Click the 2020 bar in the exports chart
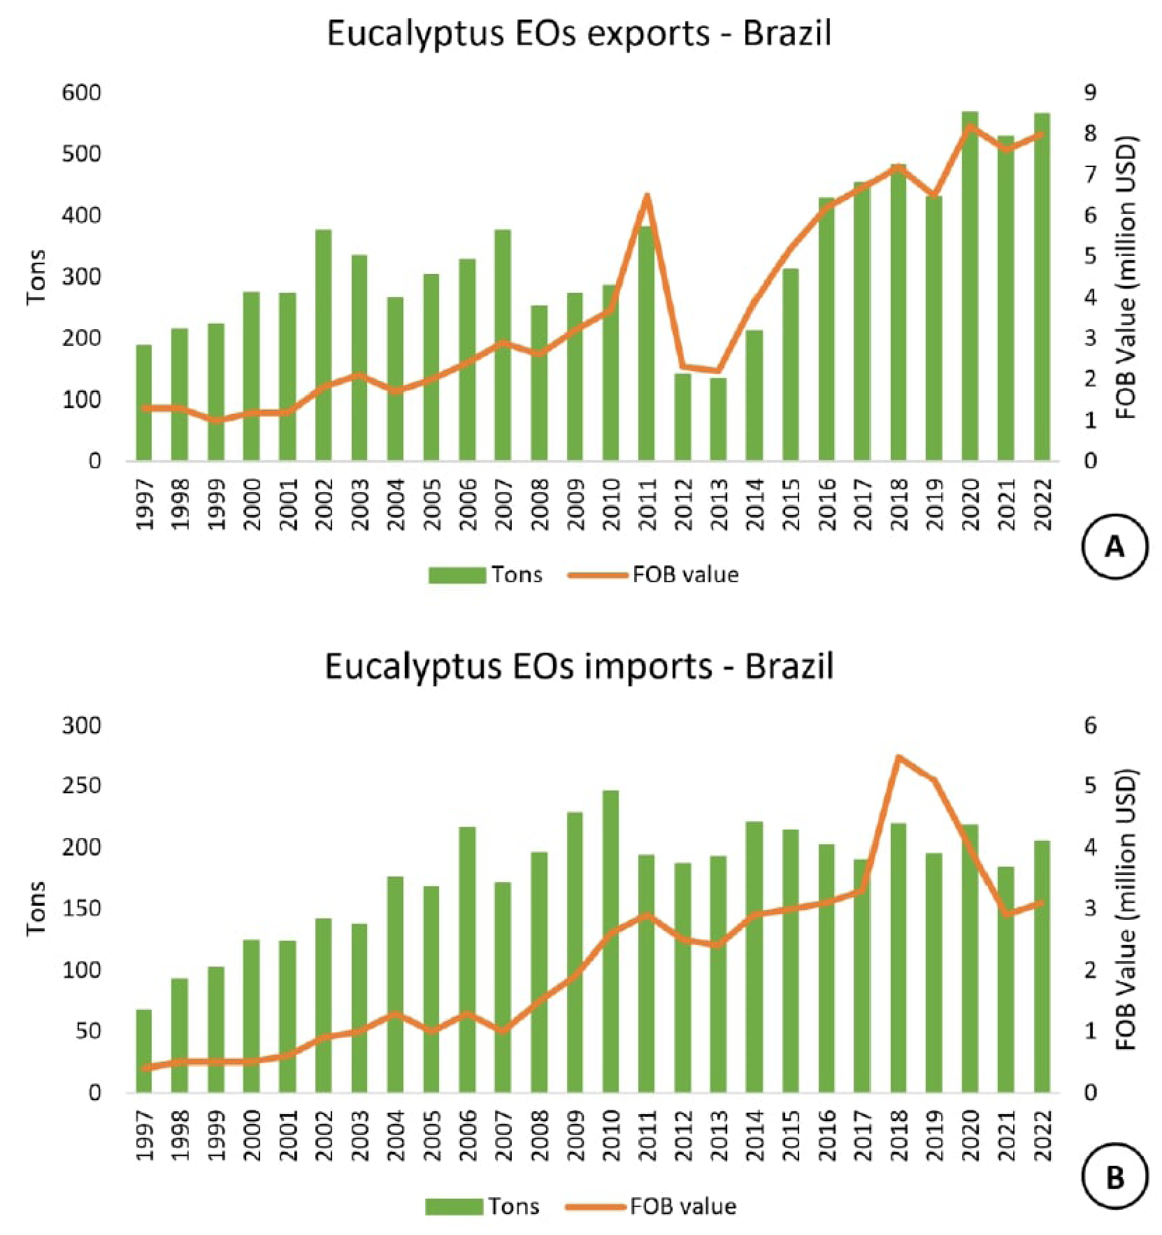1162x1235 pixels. tap(969, 287)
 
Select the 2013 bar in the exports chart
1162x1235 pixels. tap(718, 419)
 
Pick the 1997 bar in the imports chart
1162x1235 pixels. tap(144, 1051)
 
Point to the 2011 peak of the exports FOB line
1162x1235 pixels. tap(647, 195)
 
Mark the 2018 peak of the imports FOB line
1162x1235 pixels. tap(898, 757)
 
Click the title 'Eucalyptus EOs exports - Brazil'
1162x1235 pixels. tap(579, 34)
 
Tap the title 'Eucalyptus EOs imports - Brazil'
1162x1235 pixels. tap(579, 666)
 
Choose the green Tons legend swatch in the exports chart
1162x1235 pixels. tap(457, 575)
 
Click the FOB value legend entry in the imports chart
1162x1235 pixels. tap(650, 1206)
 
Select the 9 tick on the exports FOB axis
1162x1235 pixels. tap(1090, 93)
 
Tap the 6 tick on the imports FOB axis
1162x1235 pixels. tap(1090, 725)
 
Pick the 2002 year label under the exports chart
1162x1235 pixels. tap(324, 504)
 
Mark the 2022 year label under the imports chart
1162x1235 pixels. tap(1042, 1135)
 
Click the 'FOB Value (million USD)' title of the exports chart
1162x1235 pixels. tap(1126, 277)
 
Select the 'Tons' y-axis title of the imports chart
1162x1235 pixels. tap(36, 908)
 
